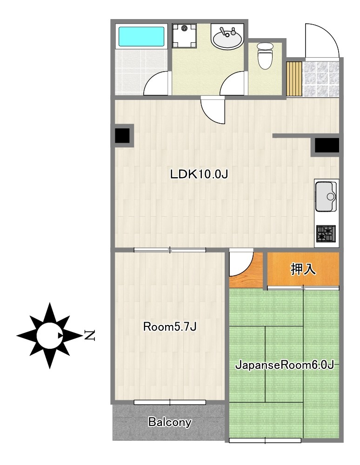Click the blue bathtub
pos(141,37)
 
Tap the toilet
pos(265,56)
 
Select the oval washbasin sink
pos(227,38)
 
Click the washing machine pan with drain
pos(184,36)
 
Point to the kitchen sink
pos(326,196)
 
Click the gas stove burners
pos(326,233)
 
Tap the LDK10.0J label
pos(199,174)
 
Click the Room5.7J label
pos(170,327)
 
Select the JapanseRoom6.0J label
pos(285,365)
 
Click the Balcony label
pos(170,422)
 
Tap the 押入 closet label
pos(303,269)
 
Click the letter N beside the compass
pos(89,335)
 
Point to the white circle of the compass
pos(49,335)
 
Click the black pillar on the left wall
pos(122,135)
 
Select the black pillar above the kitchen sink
pos(327,145)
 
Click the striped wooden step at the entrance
pos(294,79)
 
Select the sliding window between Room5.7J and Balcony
pos(170,402)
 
